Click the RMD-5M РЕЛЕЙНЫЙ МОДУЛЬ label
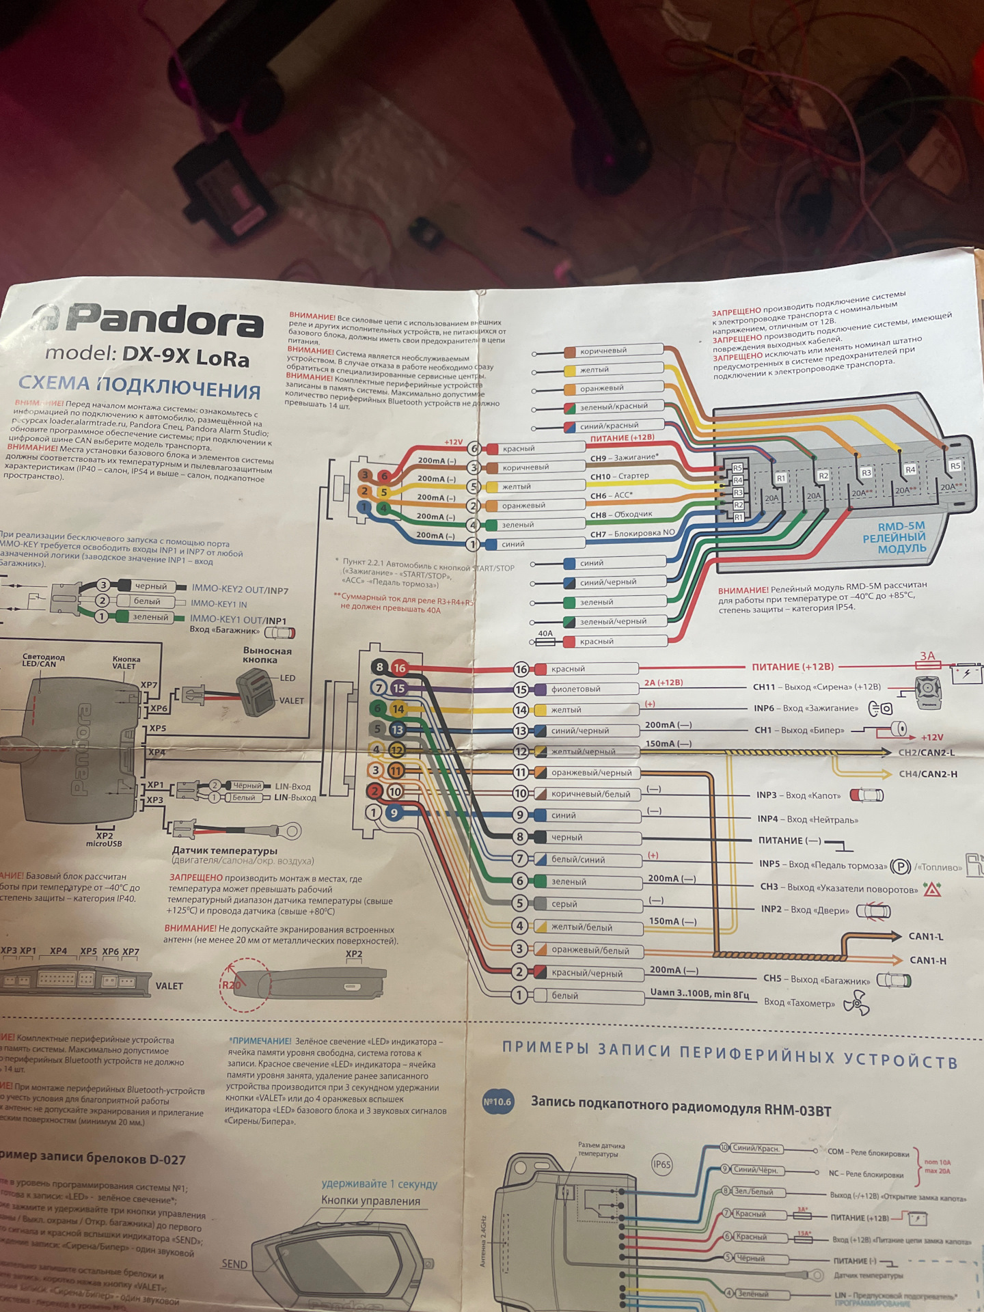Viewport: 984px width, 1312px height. [902, 537]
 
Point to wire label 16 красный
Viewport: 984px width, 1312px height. [567, 669]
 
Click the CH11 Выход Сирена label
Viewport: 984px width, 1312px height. [817, 687]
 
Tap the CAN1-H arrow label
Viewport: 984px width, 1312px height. [928, 960]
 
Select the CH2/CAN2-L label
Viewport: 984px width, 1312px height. [927, 752]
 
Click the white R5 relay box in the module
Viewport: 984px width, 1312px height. [955, 466]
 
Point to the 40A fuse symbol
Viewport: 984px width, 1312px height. [545, 642]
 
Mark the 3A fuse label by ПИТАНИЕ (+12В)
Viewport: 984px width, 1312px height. [927, 657]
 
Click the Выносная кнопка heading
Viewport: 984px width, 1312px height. [267, 655]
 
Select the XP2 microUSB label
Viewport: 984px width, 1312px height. [104, 840]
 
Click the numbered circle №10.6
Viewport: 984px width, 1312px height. [497, 1102]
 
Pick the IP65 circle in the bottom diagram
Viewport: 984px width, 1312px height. [661, 1165]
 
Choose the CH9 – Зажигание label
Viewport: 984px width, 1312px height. [624, 458]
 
